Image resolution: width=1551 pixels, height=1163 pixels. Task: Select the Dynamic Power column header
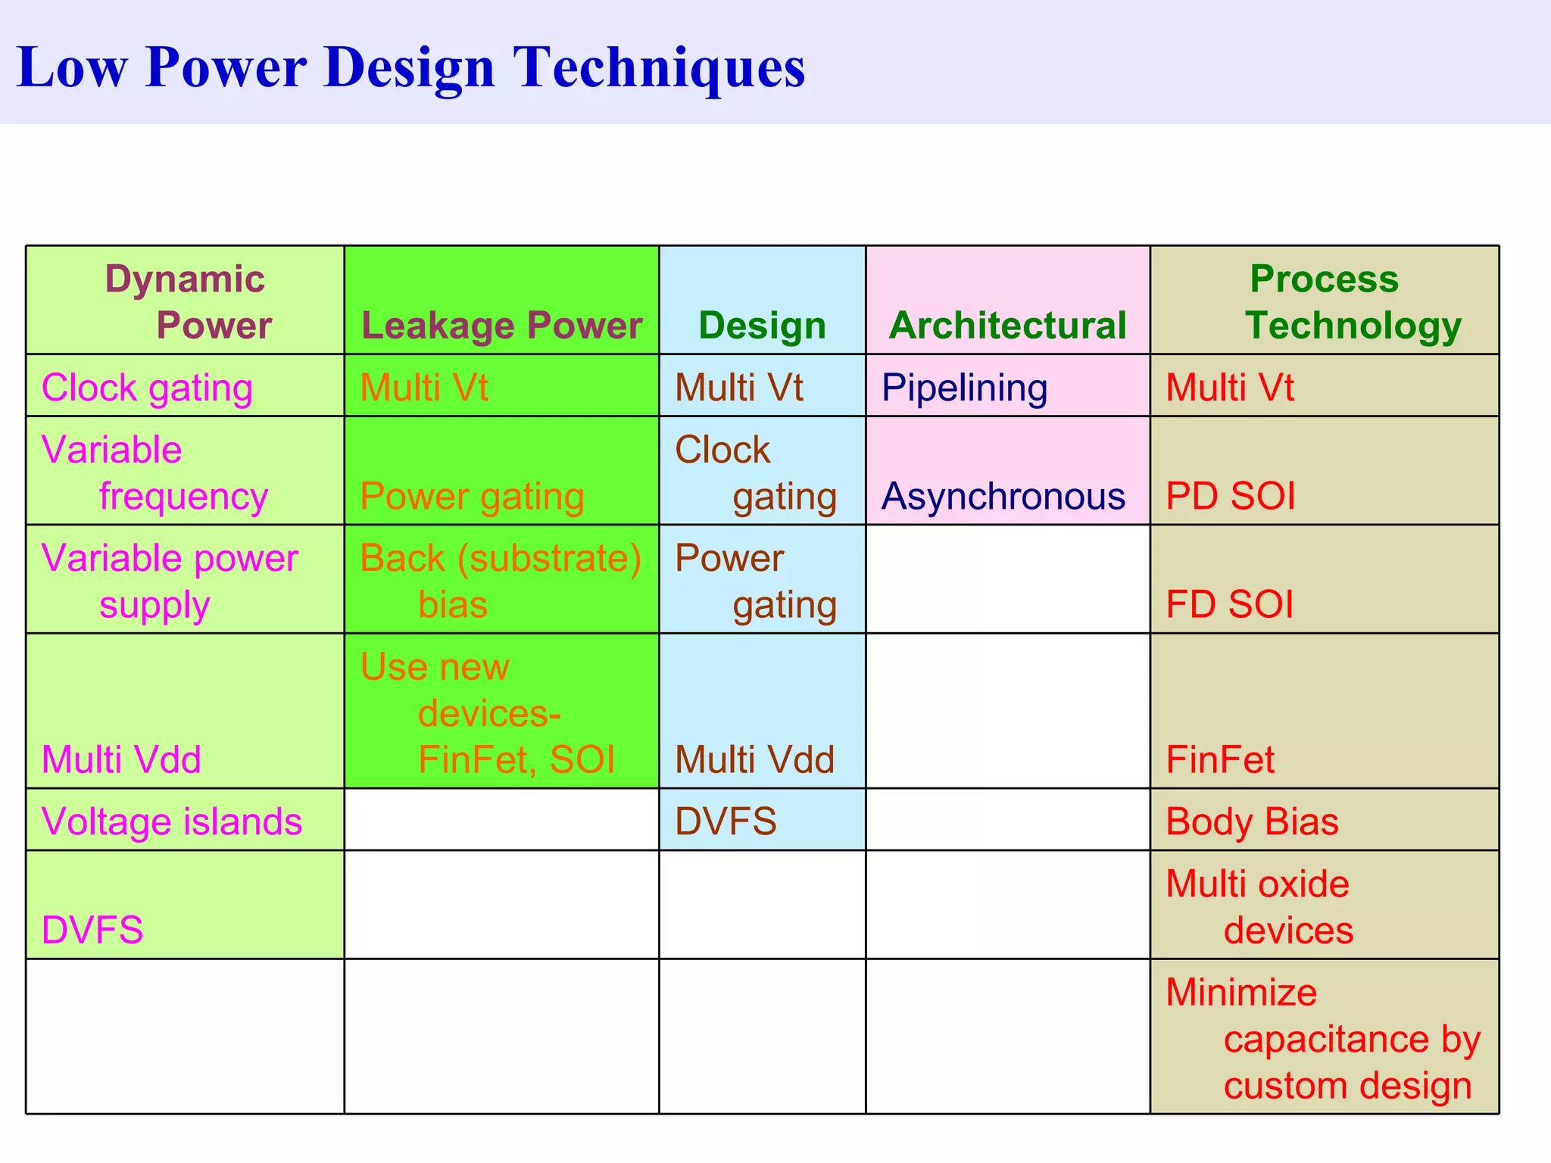[x=186, y=301]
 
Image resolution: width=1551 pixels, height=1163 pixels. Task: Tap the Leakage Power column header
[x=501, y=326]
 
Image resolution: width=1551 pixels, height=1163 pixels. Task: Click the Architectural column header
[x=1007, y=326]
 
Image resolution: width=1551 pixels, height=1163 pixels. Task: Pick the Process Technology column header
[x=1325, y=301]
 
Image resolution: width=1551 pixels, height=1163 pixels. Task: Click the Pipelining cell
[x=964, y=388]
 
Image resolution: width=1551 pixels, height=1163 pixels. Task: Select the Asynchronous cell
[x=1003, y=497]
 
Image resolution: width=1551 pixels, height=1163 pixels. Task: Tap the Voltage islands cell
[x=172, y=822]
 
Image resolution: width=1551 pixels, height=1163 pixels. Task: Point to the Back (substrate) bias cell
[x=500, y=580]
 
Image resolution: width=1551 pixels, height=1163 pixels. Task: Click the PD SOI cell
[x=1230, y=497]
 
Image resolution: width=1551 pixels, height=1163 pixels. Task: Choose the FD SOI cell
[x=1229, y=605]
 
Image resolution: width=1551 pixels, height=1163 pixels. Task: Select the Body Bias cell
[x=1252, y=822]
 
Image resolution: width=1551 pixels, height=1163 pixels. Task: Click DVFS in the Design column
[x=726, y=822]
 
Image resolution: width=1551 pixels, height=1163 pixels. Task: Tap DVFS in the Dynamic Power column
[x=92, y=930]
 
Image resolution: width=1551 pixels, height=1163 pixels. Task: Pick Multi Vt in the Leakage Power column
[x=424, y=388]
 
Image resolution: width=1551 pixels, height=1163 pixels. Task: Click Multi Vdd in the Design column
[x=754, y=759]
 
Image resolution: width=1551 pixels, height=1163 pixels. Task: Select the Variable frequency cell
[x=155, y=472]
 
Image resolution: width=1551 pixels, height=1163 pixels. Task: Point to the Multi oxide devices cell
[x=1259, y=906]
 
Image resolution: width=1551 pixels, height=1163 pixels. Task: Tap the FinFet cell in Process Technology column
[x=1220, y=759]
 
